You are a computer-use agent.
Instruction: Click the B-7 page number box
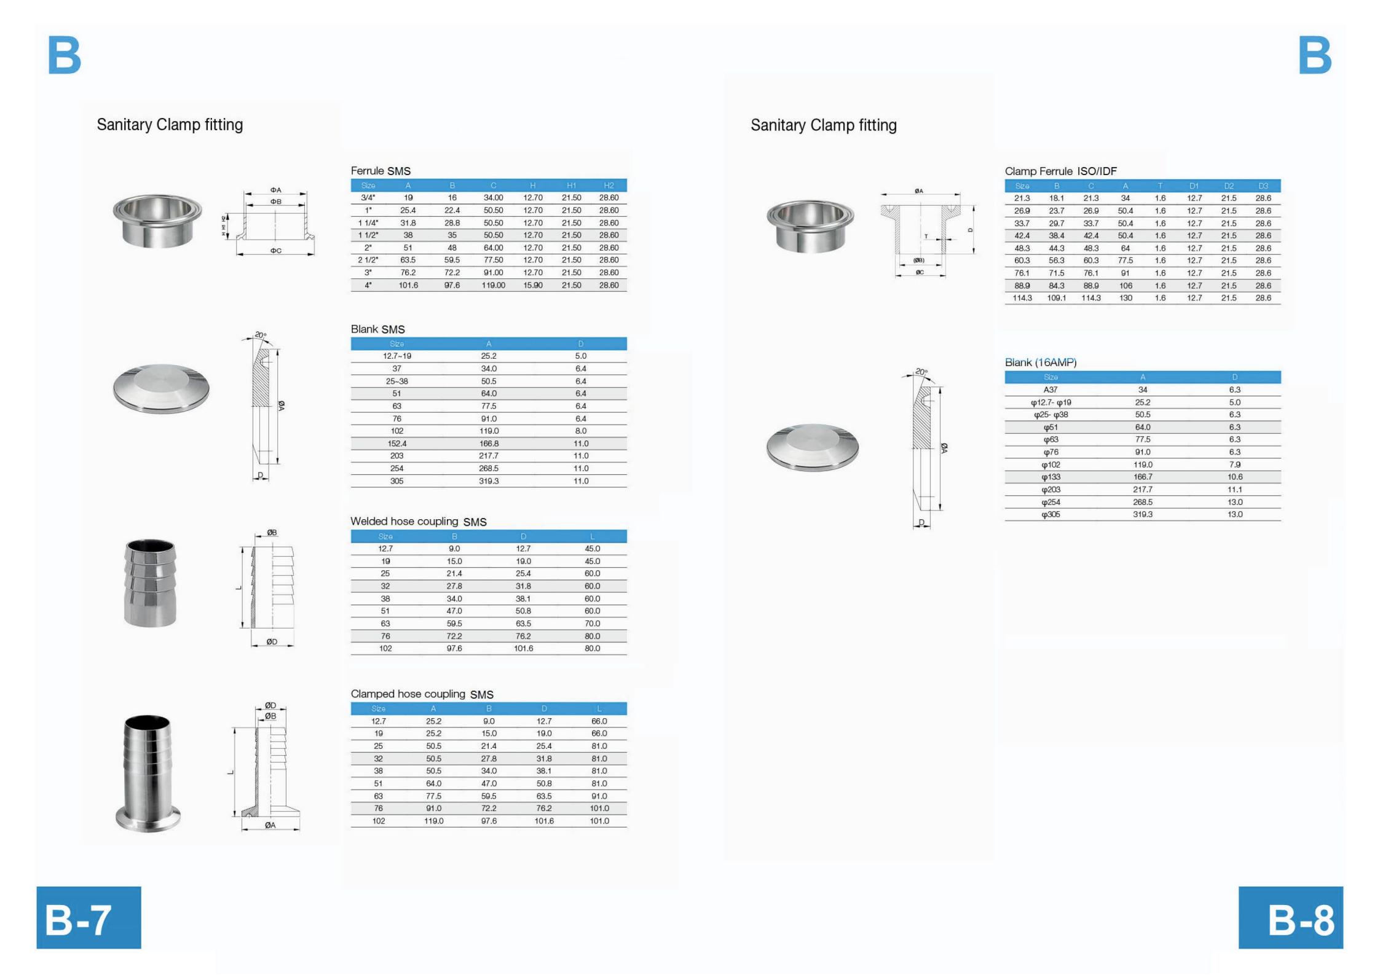click(x=89, y=917)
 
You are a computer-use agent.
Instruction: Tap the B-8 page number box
click(x=1290, y=917)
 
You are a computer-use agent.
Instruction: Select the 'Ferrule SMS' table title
click(x=380, y=171)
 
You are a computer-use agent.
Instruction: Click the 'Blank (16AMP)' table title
click(x=1041, y=362)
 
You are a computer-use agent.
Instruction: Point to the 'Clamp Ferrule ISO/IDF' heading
click(x=1060, y=171)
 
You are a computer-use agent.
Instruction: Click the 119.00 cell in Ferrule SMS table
click(x=493, y=285)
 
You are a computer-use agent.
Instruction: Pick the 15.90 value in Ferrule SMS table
click(x=533, y=285)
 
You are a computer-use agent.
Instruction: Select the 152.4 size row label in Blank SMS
click(x=397, y=444)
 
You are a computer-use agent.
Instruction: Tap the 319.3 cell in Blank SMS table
click(x=489, y=481)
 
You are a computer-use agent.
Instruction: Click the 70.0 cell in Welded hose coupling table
click(x=593, y=624)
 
